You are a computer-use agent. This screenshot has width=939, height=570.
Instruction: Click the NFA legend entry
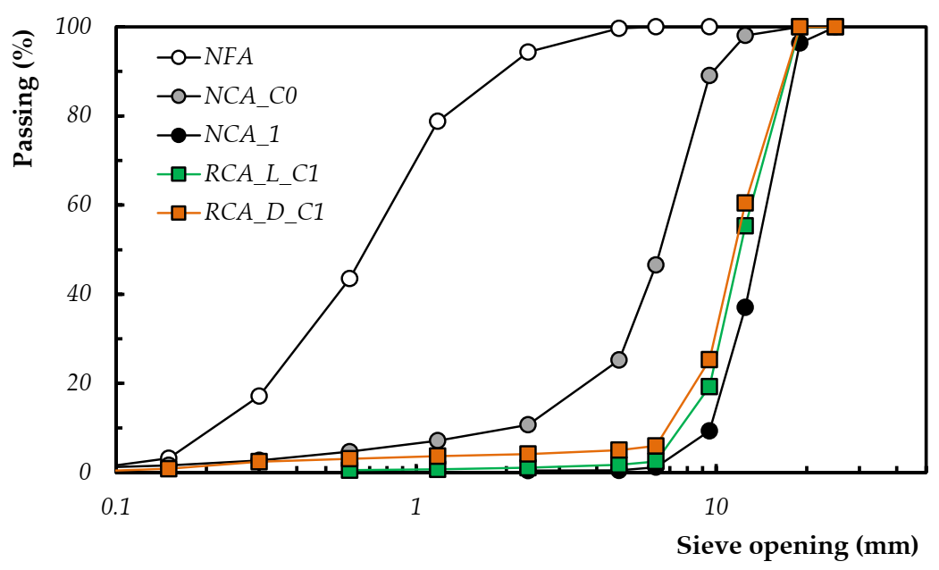[228, 57]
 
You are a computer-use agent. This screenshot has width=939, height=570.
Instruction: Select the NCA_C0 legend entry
[250, 96]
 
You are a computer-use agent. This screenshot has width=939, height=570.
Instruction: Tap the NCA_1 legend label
[242, 135]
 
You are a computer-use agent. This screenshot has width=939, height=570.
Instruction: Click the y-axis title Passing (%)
[23, 96]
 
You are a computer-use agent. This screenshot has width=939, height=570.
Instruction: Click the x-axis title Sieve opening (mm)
[797, 544]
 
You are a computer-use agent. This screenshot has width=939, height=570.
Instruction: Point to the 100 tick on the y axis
[74, 27]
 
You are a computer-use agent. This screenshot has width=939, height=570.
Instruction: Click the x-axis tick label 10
[716, 506]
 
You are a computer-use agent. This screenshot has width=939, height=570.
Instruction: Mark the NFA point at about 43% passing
[349, 278]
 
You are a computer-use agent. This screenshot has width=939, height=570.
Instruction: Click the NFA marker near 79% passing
[438, 121]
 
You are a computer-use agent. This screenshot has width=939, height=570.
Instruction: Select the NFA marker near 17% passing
[259, 396]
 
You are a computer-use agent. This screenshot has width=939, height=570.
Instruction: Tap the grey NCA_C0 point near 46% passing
[656, 264]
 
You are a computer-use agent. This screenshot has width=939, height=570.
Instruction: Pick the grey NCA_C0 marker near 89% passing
[709, 75]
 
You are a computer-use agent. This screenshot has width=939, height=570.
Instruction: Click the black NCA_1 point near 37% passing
[745, 307]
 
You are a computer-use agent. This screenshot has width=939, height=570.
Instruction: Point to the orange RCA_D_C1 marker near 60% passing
[745, 203]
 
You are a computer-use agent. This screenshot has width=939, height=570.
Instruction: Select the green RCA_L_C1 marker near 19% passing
[709, 386]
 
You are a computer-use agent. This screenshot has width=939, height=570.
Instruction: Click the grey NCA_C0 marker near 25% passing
[618, 359]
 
